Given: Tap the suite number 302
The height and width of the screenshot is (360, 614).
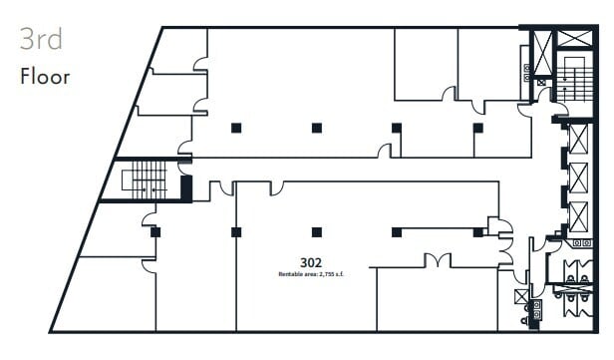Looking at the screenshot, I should (x=311, y=262).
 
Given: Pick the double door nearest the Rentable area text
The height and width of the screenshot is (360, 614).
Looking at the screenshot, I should (x=438, y=260).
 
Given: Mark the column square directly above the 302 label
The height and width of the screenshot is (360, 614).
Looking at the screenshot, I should (x=316, y=232).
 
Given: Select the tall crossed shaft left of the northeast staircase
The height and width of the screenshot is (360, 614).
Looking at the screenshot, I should (x=543, y=53).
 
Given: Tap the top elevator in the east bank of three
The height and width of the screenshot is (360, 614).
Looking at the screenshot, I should (x=577, y=139).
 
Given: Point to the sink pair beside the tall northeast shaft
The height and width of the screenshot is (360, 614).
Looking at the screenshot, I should (x=525, y=74).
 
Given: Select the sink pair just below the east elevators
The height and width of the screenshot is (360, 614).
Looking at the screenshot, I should (x=578, y=243).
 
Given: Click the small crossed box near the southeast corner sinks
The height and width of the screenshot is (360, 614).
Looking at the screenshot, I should (x=519, y=296).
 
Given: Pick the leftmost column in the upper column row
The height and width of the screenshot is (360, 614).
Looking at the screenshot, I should (x=235, y=128).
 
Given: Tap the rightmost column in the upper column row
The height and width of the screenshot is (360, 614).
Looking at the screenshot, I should (x=476, y=128).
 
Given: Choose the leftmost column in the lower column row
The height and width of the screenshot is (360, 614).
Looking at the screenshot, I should (x=155, y=232).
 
